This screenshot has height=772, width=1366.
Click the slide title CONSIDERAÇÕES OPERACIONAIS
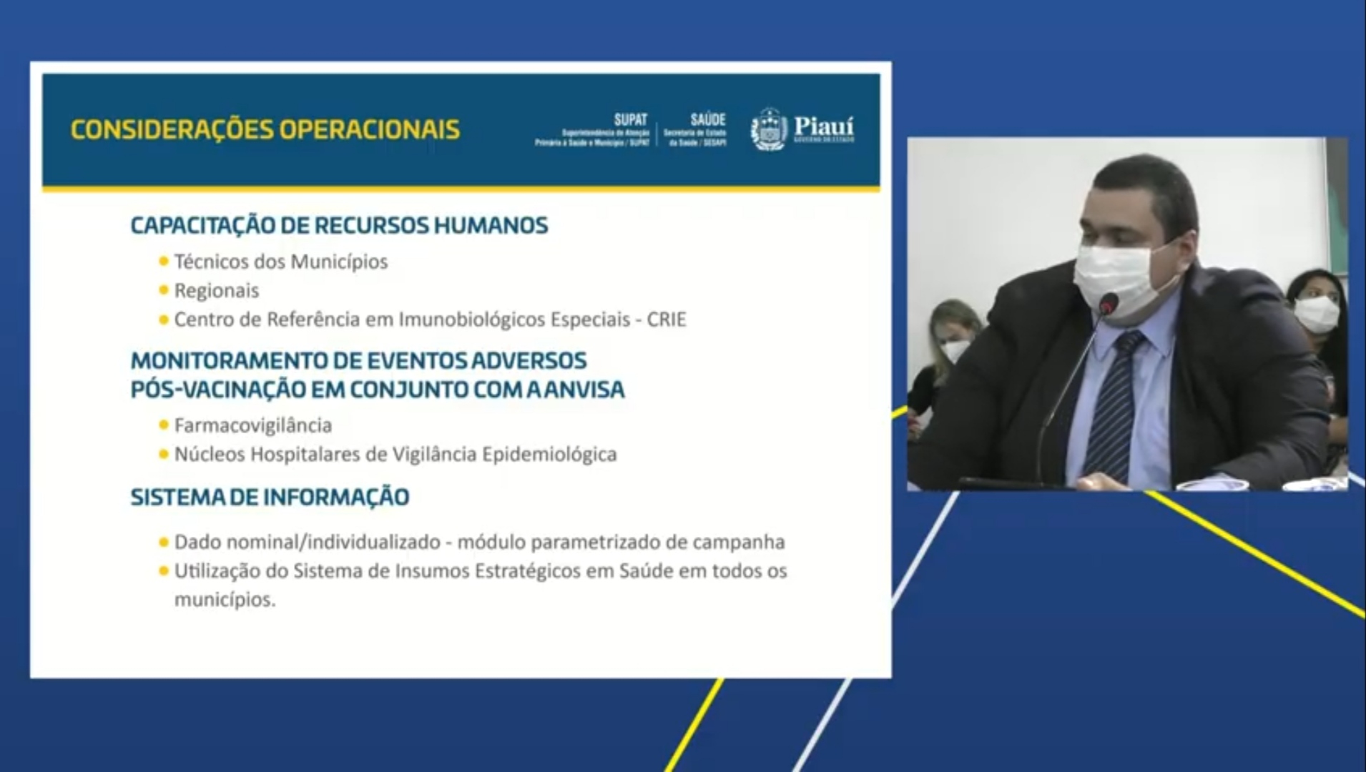coord(265,129)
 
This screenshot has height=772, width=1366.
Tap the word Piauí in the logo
coord(824,127)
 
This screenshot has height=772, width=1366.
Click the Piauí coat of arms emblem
coord(769,129)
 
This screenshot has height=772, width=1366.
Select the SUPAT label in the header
coord(630,119)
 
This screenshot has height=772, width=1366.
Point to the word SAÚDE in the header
coord(707,119)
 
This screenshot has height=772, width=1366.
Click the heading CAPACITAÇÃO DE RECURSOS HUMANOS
coord(339,225)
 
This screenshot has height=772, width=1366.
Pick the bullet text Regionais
coord(217,291)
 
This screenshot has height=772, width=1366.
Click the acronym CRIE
coord(666,320)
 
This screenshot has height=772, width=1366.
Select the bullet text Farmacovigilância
coord(253,425)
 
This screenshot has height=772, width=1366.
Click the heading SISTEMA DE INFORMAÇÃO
coord(270,497)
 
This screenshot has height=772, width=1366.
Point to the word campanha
coord(738,542)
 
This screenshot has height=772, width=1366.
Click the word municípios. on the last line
coord(225,600)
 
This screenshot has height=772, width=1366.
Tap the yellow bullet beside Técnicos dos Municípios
coord(164,262)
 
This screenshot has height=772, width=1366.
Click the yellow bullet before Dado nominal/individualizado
coord(164,543)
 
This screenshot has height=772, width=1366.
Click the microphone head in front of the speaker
coord(1108,306)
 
